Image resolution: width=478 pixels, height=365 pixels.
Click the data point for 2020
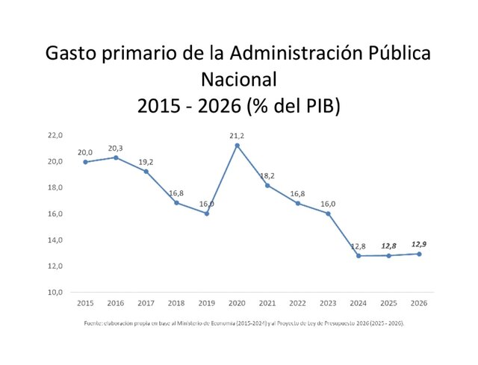(237, 146)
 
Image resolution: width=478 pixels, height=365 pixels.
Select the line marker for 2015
(85, 162)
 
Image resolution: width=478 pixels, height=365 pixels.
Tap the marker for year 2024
(358, 256)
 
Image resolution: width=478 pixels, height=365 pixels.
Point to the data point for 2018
(176, 203)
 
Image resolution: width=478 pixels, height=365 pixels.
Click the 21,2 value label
(238, 135)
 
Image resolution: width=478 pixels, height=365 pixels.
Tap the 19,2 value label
(146, 161)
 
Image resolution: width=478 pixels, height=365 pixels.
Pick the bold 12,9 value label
(419, 243)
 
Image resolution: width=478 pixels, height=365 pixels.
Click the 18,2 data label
(267, 175)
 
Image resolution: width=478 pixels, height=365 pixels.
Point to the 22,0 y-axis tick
(55, 136)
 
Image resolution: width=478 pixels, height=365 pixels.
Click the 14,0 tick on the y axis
(55, 240)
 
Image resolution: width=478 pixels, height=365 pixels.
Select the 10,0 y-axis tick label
(55, 293)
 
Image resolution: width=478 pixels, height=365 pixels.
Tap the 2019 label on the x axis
(206, 304)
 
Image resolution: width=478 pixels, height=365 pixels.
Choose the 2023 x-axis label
(328, 304)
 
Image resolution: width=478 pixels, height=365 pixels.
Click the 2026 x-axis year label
(419, 304)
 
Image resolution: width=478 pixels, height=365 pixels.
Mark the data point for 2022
(298, 203)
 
